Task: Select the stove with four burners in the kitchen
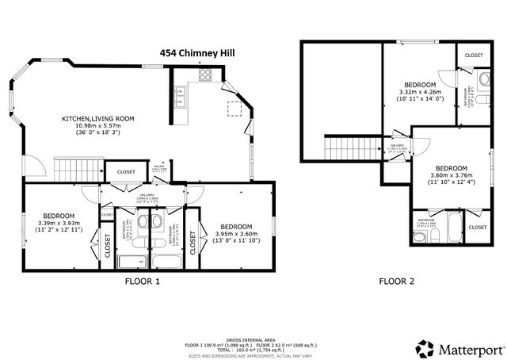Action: (204, 76)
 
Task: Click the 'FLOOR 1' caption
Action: (143, 281)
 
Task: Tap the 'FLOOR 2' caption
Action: (398, 281)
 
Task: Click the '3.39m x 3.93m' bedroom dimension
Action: (59, 224)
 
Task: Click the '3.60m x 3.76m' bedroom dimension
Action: (448, 175)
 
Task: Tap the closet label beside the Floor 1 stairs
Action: (125, 172)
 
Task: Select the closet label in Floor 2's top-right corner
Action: (474, 56)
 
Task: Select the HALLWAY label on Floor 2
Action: (398, 146)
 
